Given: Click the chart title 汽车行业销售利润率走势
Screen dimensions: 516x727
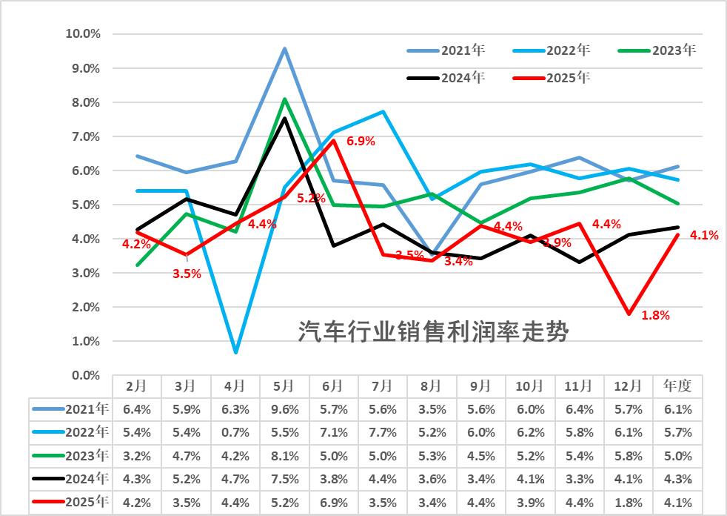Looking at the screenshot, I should click(x=433, y=331).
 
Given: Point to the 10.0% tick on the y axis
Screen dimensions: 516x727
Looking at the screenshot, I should click(x=83, y=34).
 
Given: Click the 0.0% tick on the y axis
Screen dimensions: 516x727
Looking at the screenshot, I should click(x=86, y=376).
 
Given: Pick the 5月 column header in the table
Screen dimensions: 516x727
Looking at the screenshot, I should click(x=284, y=386).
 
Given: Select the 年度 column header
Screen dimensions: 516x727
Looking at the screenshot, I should click(x=677, y=386).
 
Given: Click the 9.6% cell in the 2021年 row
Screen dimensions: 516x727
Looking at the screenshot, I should click(x=284, y=409).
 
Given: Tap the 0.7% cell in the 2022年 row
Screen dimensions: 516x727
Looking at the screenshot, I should click(x=235, y=432).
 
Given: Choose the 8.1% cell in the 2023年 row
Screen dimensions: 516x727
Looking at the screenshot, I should click(x=284, y=456).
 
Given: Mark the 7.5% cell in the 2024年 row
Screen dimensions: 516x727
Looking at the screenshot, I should click(x=284, y=480).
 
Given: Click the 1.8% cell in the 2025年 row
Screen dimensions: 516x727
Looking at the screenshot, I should click(x=629, y=503).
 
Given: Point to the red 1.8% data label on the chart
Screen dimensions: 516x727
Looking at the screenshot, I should click(x=655, y=315).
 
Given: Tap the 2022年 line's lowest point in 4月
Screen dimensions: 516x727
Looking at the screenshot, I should click(x=235, y=352).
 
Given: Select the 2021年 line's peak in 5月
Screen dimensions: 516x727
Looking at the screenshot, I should click(x=284, y=49).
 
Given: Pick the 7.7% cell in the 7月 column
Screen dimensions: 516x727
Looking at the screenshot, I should click(x=382, y=432).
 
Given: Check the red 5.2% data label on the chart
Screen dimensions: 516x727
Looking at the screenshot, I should click(x=311, y=199).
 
